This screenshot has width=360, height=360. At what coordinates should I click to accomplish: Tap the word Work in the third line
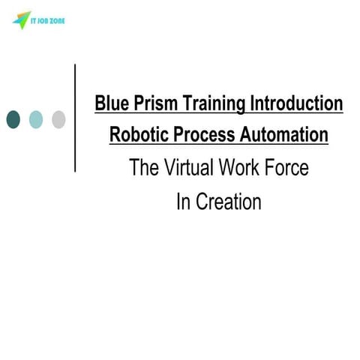click(x=241, y=169)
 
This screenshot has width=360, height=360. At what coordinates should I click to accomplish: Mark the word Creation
click(x=229, y=202)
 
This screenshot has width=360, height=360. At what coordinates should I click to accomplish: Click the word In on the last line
click(x=184, y=202)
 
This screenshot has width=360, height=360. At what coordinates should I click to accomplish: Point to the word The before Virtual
click(x=143, y=169)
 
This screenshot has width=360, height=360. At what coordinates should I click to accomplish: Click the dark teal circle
click(x=13, y=118)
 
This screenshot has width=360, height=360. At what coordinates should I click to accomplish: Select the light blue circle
click(x=36, y=118)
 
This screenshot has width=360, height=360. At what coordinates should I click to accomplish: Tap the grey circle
click(x=58, y=118)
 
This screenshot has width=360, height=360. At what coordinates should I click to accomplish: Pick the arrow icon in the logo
click(x=18, y=21)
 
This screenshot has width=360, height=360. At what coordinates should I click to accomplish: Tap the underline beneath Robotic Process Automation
click(x=218, y=145)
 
